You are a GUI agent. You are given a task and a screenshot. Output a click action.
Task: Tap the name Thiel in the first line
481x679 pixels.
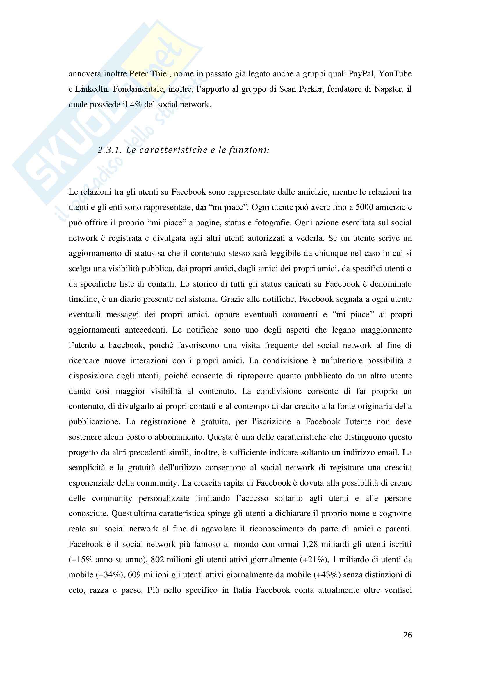pos(160,74)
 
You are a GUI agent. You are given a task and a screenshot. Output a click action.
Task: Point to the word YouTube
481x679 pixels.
pos(395,74)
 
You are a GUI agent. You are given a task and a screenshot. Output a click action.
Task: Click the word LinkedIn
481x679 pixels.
pos(92,89)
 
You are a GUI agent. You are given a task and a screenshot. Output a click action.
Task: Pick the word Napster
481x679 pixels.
pos(388,89)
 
